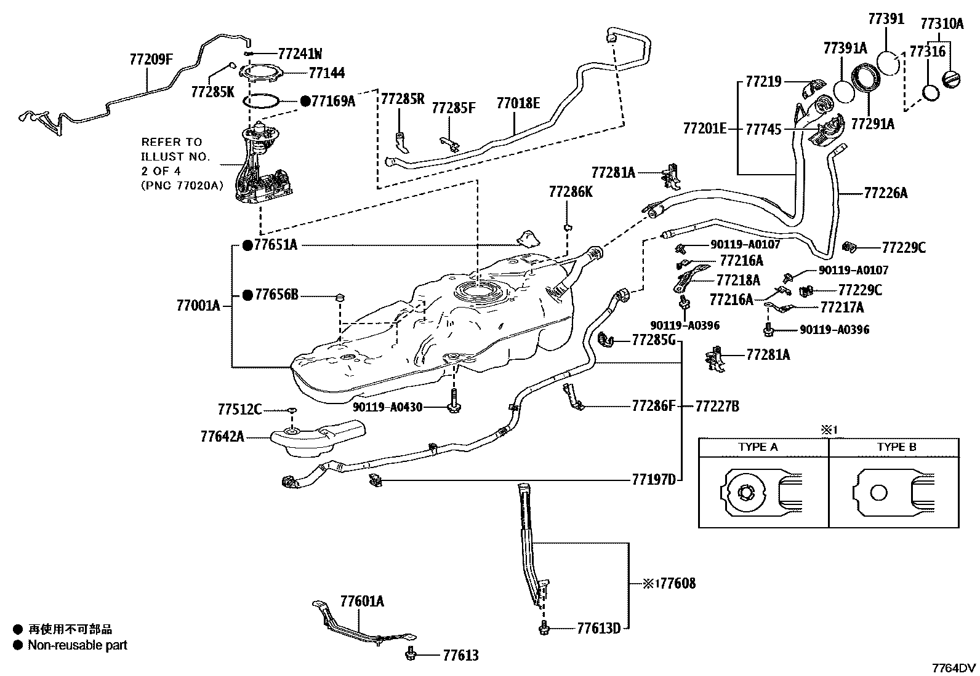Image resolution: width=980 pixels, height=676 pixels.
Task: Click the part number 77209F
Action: pyautogui.click(x=151, y=60)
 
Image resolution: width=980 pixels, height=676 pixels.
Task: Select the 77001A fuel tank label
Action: pyautogui.click(x=198, y=305)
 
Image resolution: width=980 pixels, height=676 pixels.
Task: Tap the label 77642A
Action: pyautogui.click(x=222, y=437)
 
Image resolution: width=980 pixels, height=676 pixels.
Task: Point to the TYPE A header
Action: pyautogui.click(x=758, y=447)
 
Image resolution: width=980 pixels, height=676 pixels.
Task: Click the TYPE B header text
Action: pyautogui.click(x=896, y=447)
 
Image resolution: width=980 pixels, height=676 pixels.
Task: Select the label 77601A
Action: pyautogui.click(x=362, y=602)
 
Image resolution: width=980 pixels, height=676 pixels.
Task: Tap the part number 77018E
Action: pyautogui.click(x=518, y=103)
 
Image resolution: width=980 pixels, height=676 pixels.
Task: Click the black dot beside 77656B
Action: pyautogui.click(x=247, y=296)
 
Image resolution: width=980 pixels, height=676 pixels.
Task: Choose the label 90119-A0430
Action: pyautogui.click(x=388, y=407)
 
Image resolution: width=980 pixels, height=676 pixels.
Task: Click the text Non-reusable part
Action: pyautogui.click(x=78, y=645)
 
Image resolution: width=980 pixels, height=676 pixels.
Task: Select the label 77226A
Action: pyautogui.click(x=885, y=193)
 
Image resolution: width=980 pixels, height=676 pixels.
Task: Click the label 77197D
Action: pyautogui.click(x=654, y=480)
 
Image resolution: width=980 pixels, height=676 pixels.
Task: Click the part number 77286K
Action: pyautogui.click(x=571, y=193)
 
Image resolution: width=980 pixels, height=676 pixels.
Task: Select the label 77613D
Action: pyautogui.click(x=599, y=628)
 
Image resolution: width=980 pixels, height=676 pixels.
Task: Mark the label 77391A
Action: pyautogui.click(x=845, y=49)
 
